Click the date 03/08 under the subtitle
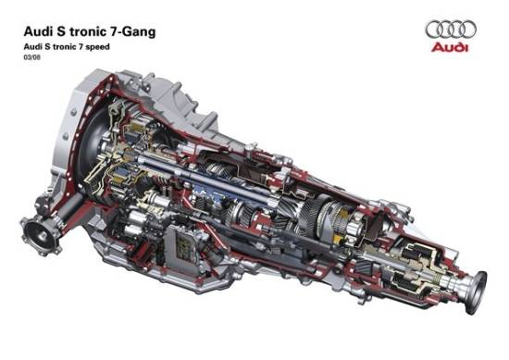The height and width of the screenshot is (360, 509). pyautogui.click(x=31, y=58)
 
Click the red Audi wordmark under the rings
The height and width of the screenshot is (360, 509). pyautogui.click(x=450, y=47)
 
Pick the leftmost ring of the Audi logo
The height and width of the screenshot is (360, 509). pyautogui.click(x=435, y=30)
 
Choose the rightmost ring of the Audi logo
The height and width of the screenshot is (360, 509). pyautogui.click(x=467, y=30)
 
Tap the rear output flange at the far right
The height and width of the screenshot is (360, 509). pyautogui.click(x=478, y=292)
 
